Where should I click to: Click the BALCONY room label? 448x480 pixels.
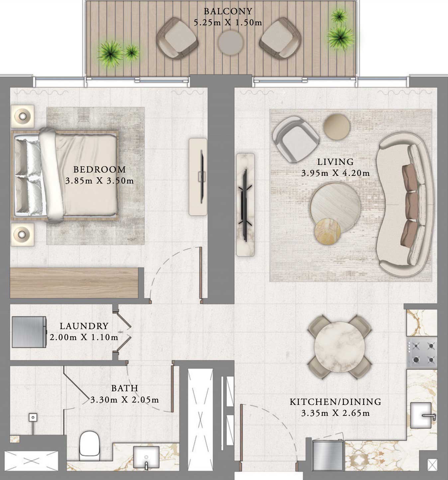(x=228, y=11)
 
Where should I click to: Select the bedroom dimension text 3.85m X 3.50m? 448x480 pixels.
(x=100, y=181)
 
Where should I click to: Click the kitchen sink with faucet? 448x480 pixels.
(x=422, y=415)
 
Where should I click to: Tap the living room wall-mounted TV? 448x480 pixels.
(x=245, y=205)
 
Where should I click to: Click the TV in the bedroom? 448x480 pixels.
(x=201, y=176)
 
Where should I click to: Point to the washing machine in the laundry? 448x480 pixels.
(x=29, y=332)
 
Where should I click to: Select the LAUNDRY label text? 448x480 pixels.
(x=84, y=326)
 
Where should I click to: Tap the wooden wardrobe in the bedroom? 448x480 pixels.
(x=74, y=283)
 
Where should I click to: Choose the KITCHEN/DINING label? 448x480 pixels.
(x=335, y=402)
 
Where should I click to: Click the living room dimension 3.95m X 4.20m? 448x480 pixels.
(x=335, y=173)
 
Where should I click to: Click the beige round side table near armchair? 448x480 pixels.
(x=337, y=126)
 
